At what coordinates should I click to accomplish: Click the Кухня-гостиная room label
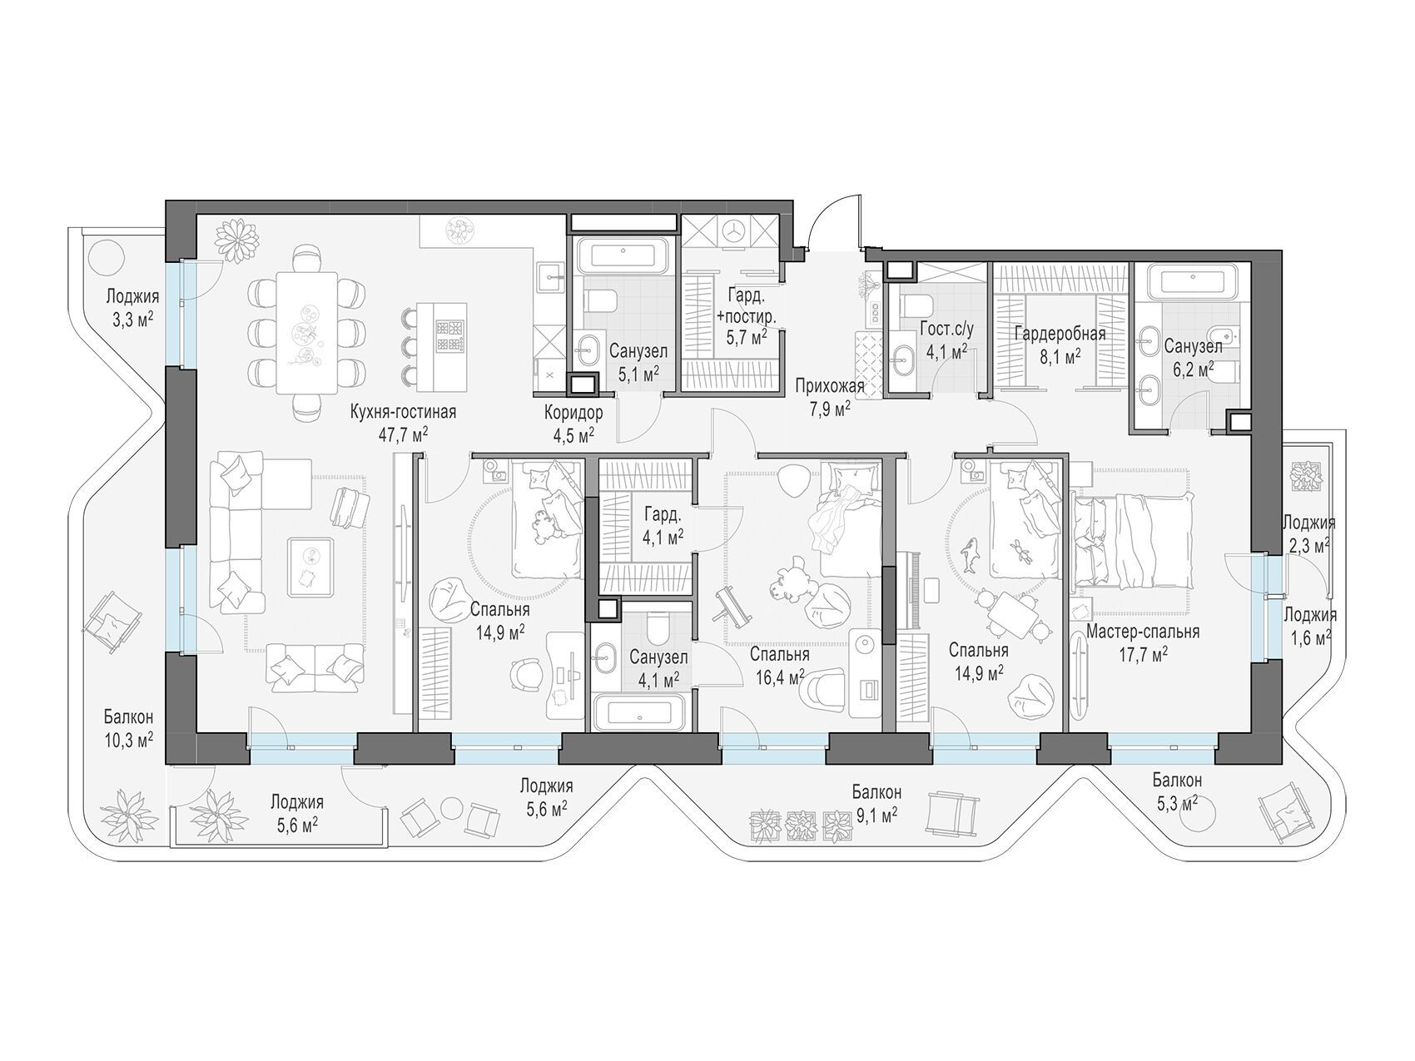pyautogui.click(x=404, y=412)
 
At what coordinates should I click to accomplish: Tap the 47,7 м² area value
pyautogui.click(x=403, y=433)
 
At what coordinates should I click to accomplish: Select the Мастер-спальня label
pyautogui.click(x=1143, y=632)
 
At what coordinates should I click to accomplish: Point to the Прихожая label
pyautogui.click(x=829, y=386)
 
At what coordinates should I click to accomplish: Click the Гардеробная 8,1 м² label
pyautogui.click(x=1060, y=345)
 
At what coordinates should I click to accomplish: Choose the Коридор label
pyautogui.click(x=573, y=413)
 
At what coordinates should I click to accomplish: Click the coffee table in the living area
pyautogui.click(x=310, y=567)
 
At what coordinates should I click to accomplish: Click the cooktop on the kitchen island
pyautogui.click(x=450, y=334)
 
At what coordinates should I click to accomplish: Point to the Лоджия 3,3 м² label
pyautogui.click(x=132, y=307)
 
